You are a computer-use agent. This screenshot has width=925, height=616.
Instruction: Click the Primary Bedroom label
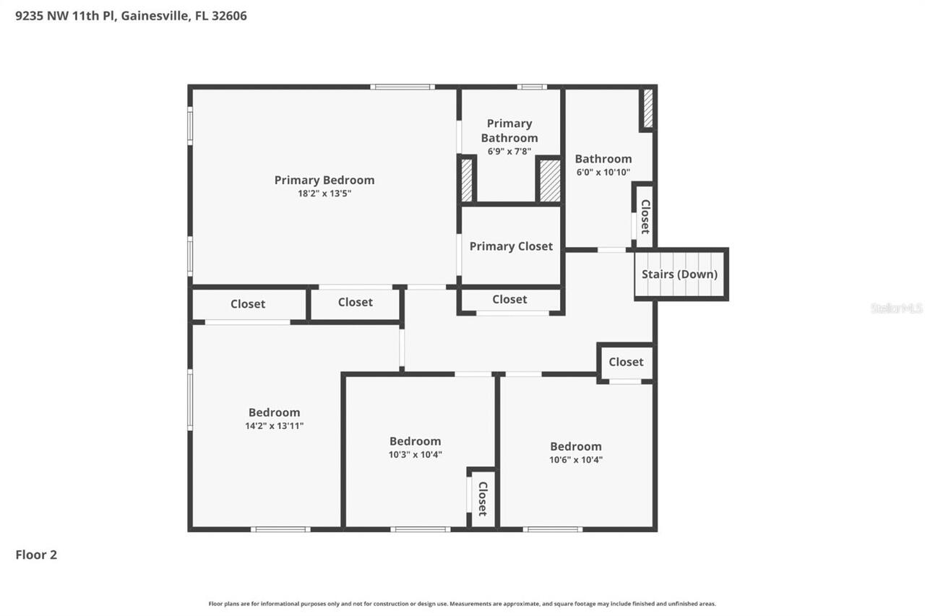pos(324,180)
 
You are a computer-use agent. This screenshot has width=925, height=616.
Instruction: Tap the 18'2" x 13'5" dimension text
pos(324,194)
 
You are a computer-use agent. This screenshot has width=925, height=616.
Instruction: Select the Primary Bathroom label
pos(509,131)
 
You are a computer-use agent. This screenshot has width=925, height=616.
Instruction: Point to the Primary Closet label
pos(511,246)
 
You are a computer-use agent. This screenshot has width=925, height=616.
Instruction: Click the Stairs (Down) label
pos(679,274)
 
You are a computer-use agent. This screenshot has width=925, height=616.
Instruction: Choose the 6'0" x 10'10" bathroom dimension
pos(603,173)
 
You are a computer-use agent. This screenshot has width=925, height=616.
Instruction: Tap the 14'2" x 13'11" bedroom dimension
pos(274,426)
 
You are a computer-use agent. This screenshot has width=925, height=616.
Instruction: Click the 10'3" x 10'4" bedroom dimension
pos(415,454)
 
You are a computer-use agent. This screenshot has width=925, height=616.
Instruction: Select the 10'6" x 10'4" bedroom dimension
pos(575,459)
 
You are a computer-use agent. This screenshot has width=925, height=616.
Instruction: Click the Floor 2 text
pos(36,555)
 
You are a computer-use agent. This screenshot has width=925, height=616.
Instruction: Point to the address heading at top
pos(131,15)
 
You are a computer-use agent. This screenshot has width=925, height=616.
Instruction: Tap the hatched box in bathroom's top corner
pos(648,108)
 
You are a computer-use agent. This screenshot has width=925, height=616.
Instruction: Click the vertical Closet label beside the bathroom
pos(645,216)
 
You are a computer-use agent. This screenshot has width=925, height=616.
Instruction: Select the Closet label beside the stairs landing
pos(626,362)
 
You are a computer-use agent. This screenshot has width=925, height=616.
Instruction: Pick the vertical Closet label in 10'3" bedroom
pos(483,498)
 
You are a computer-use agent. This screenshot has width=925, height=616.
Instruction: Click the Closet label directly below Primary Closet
pos(509,299)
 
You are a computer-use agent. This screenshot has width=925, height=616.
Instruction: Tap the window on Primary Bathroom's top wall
pos(531,87)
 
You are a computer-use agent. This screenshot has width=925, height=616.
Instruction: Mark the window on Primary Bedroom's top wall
pos(403,87)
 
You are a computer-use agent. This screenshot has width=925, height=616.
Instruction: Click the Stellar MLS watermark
pos(896,308)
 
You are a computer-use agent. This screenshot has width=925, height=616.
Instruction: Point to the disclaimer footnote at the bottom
pos(462,604)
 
